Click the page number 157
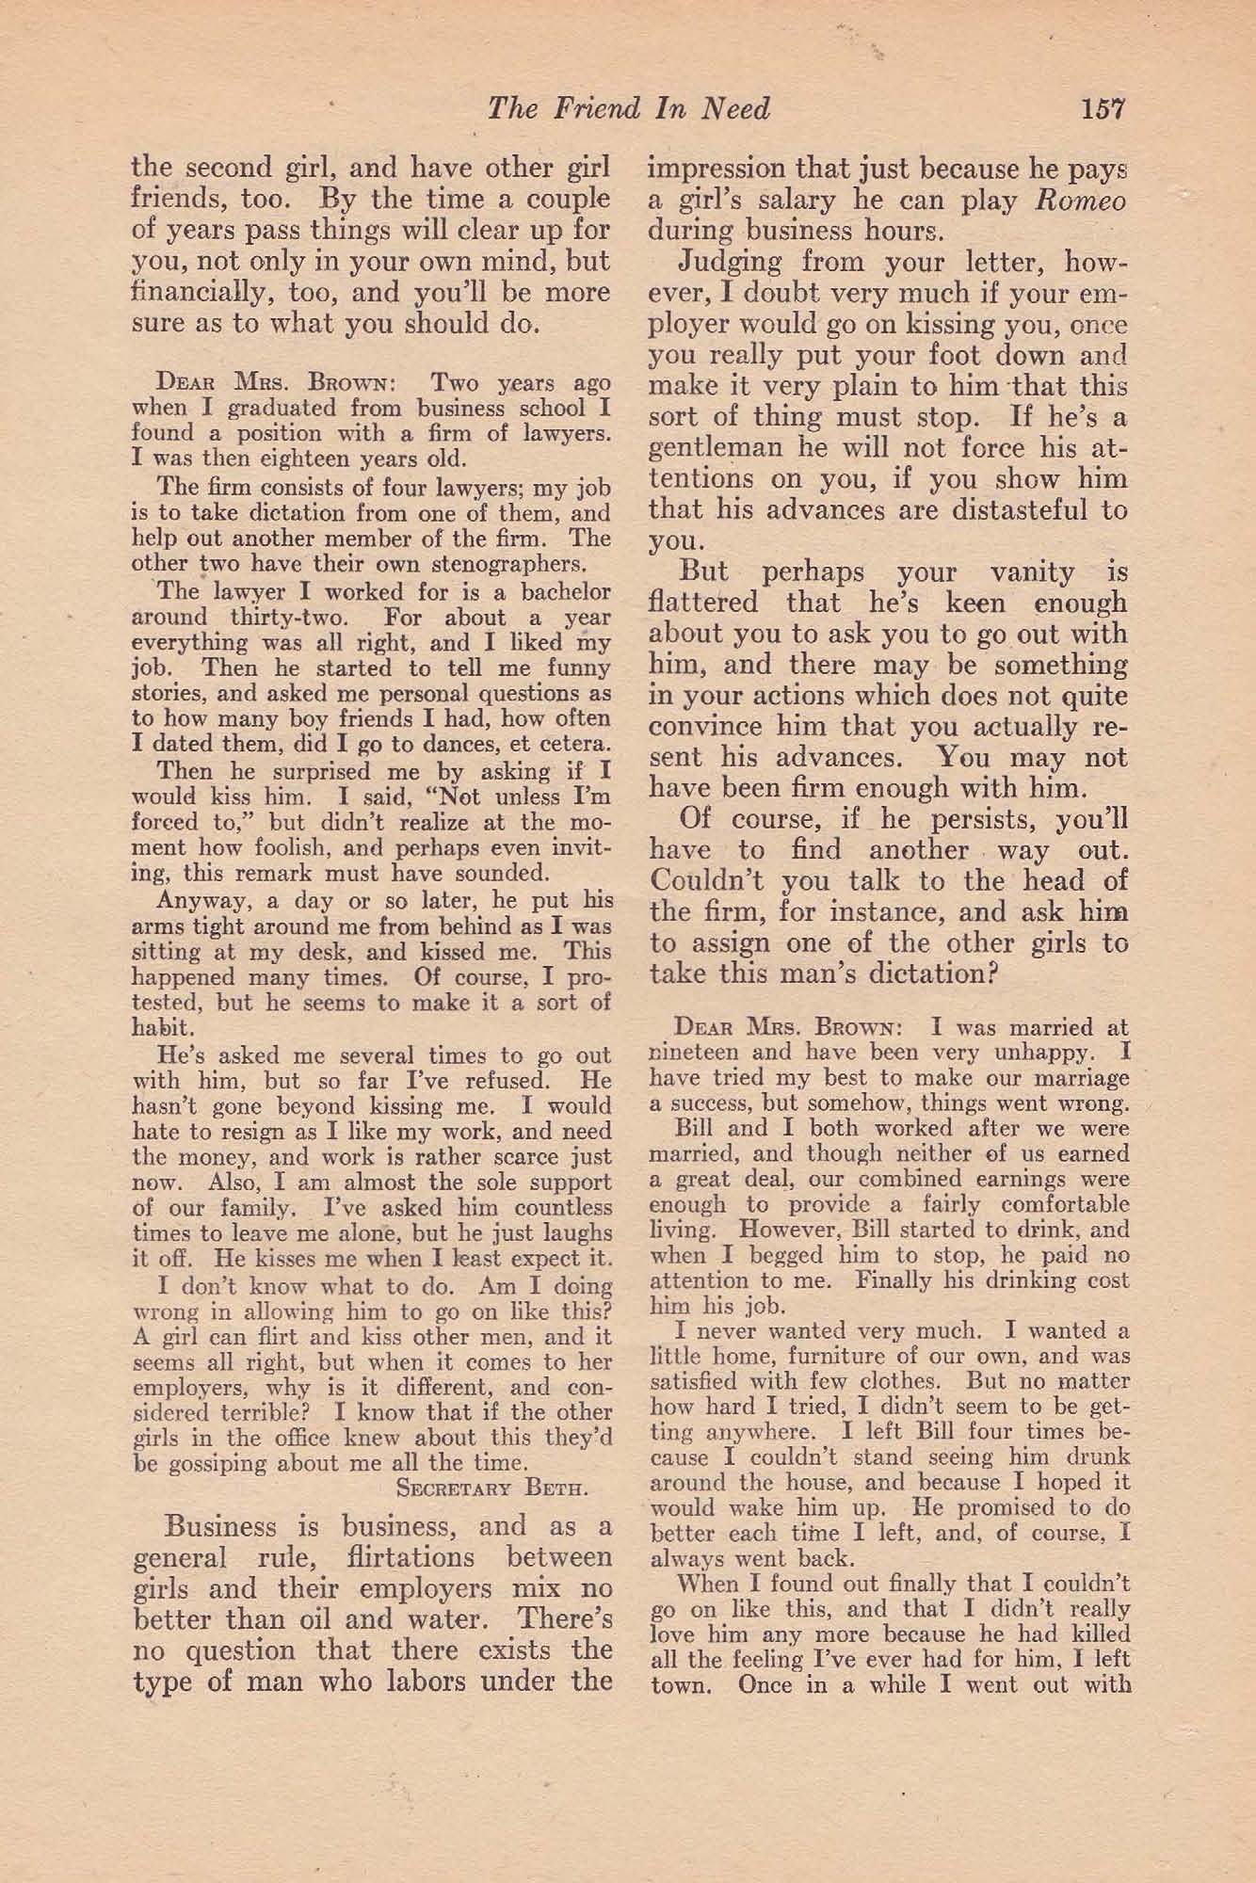1103,109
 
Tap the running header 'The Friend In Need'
629,109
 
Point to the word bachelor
563,592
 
